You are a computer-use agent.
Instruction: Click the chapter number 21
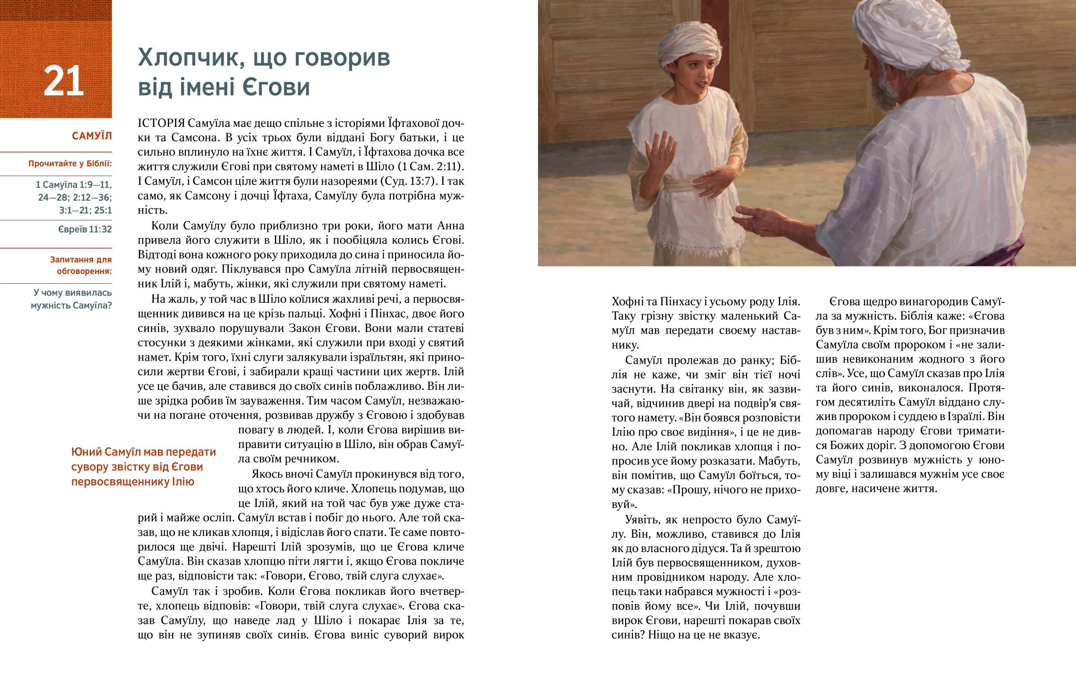[63, 81]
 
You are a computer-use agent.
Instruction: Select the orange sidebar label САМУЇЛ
[91, 136]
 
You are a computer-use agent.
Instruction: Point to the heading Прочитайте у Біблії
[70, 164]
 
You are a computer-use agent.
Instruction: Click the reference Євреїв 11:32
[85, 229]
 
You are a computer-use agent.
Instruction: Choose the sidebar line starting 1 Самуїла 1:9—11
[74, 185]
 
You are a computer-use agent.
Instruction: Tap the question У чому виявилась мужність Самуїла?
[72, 299]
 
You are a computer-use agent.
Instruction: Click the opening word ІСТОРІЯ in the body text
[161, 123]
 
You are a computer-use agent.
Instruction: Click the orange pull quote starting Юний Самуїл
[144, 466]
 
